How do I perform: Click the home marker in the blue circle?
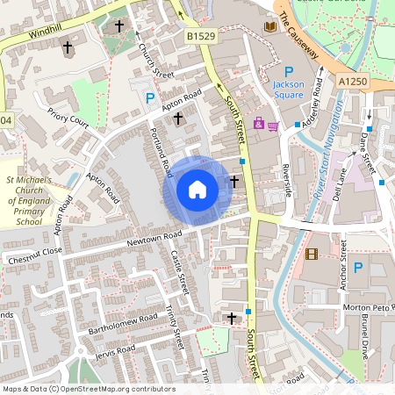[x=197, y=190]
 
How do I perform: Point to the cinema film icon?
[x=312, y=255]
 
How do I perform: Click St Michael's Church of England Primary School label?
[x=30, y=200]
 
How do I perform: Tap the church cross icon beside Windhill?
[x=68, y=46]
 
